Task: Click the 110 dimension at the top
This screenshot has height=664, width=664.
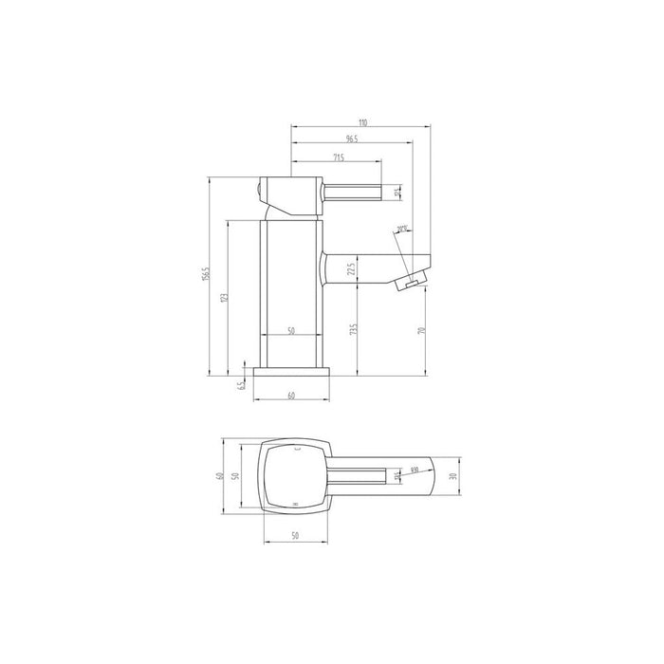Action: (362, 123)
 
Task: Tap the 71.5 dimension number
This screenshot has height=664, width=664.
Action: (338, 156)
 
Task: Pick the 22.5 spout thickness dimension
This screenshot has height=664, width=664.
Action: (351, 270)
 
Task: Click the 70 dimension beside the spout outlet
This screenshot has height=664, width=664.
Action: (421, 330)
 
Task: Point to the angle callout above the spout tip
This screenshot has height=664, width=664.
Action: (402, 229)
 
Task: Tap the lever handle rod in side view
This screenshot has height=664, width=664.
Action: (356, 194)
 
